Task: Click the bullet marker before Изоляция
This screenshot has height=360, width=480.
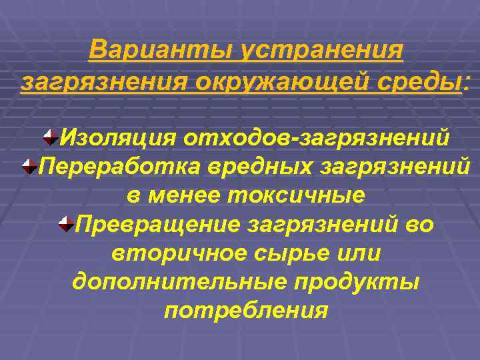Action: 49,138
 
